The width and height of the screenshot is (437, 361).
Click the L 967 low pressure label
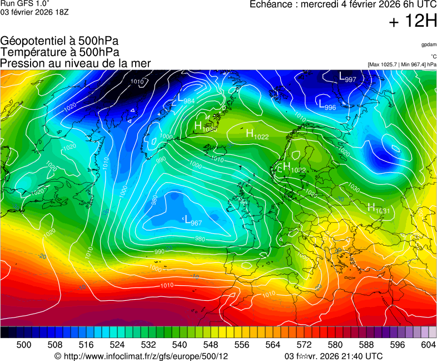[192, 221]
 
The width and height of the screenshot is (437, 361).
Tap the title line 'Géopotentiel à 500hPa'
[59, 41]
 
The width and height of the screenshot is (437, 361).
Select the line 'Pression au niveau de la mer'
[76, 64]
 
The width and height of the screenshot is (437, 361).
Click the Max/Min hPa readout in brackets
[402, 65]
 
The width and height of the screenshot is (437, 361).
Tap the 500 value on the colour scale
[24, 345]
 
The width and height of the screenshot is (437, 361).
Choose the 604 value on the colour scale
[428, 345]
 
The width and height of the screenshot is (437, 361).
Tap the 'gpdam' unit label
[429, 45]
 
